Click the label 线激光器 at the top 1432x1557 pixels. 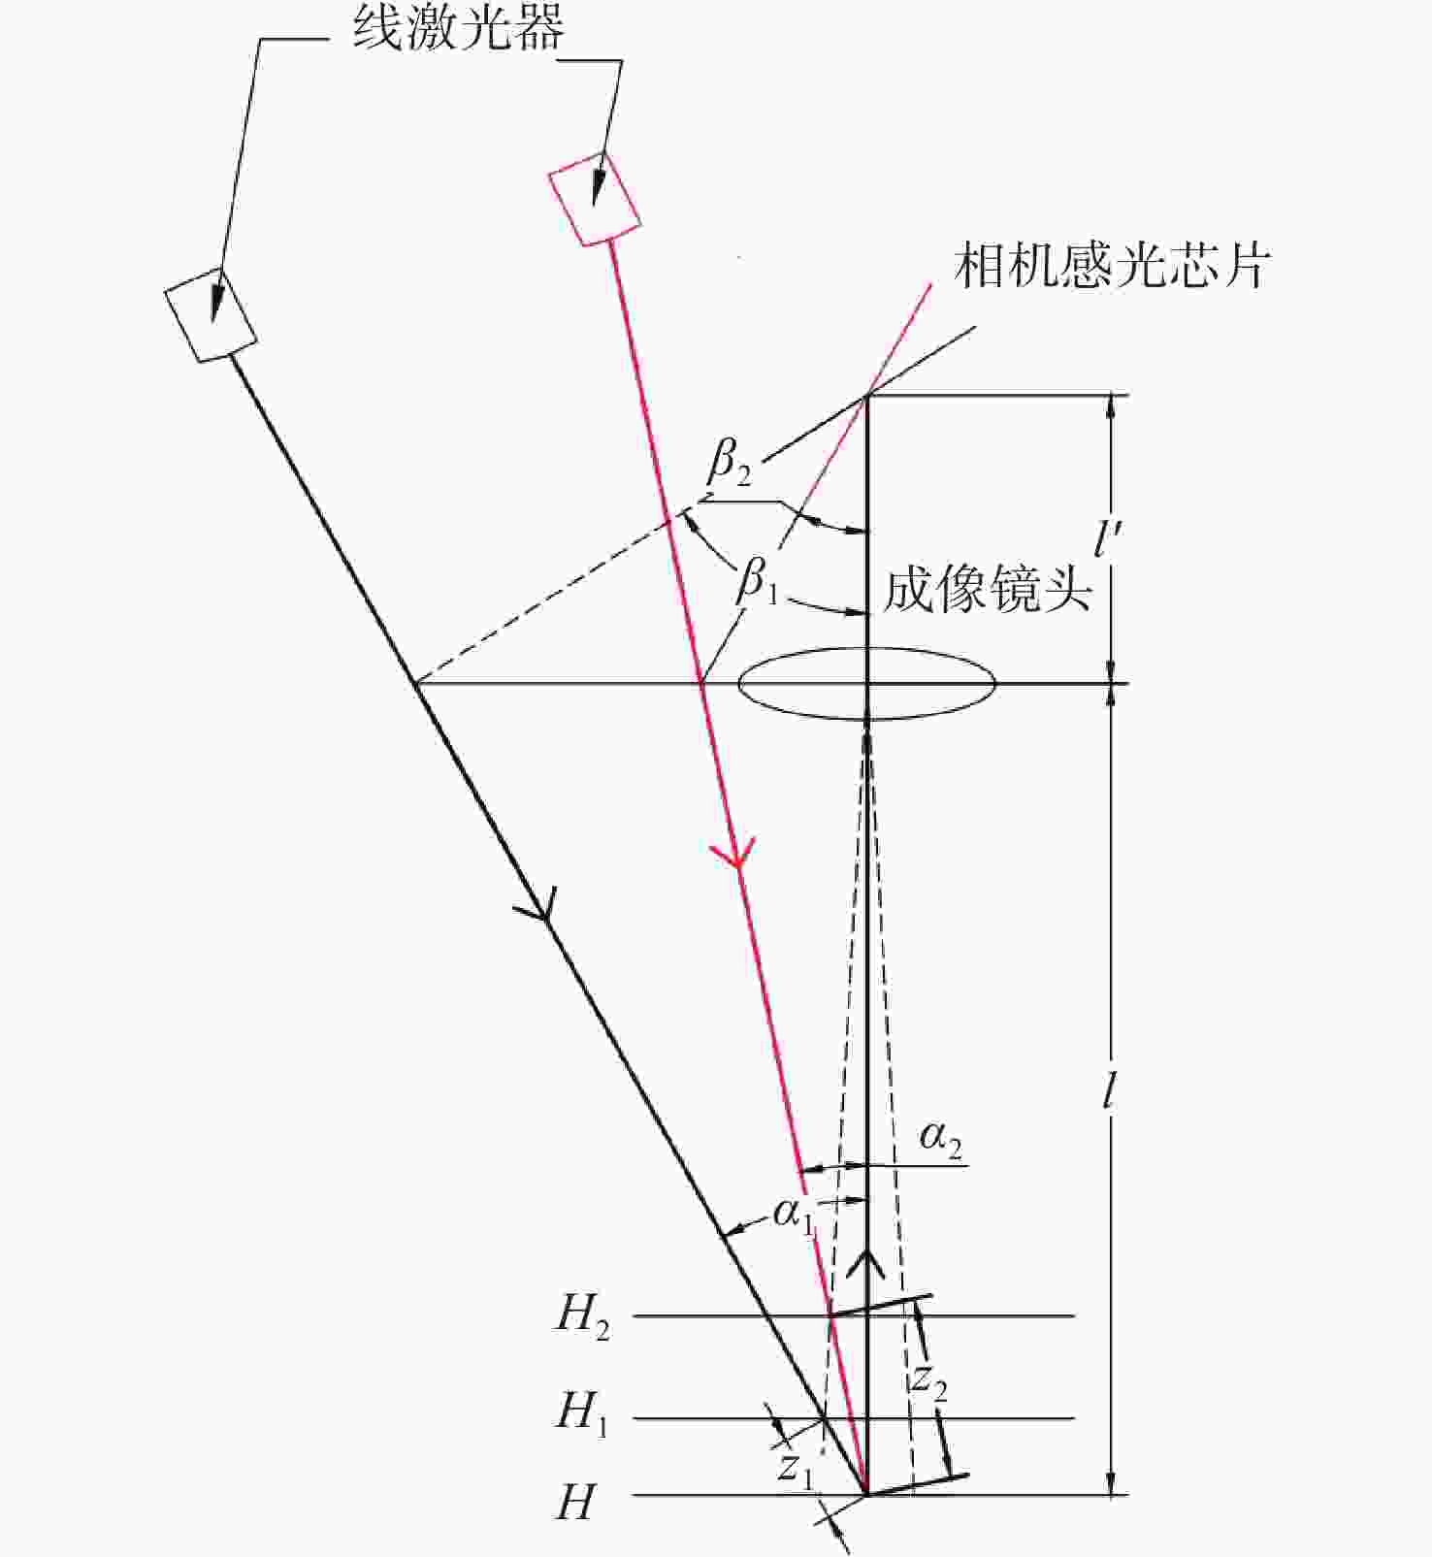(x=458, y=30)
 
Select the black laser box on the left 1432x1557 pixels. (x=211, y=314)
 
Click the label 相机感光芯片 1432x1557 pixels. (x=1112, y=266)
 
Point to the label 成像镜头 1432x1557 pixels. (x=987, y=589)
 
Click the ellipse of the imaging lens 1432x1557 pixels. (x=867, y=684)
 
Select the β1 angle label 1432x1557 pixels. (x=758, y=582)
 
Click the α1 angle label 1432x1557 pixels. (x=794, y=1215)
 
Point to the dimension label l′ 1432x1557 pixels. (x=1106, y=535)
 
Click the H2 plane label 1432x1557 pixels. (x=582, y=1316)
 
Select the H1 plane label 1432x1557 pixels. (x=581, y=1412)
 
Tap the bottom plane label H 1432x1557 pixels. (x=574, y=1503)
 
